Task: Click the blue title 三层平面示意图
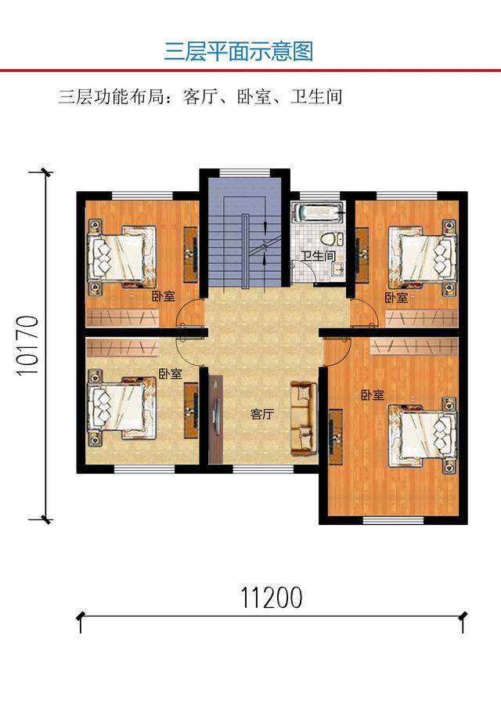239,51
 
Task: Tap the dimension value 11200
271,598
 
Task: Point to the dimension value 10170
27,346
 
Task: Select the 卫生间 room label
319,256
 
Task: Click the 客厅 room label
262,414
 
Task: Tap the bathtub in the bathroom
318,212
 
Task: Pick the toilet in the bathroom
332,239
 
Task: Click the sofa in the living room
303,418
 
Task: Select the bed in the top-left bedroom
122,256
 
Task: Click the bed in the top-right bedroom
423,256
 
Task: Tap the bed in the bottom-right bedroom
423,435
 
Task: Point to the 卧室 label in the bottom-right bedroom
373,395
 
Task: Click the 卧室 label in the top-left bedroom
163,297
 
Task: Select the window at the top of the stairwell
244,172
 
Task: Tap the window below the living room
263,470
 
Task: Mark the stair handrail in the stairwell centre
244,250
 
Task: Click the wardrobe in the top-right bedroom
422,318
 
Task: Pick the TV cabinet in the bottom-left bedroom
191,411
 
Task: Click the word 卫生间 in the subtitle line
316,97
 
